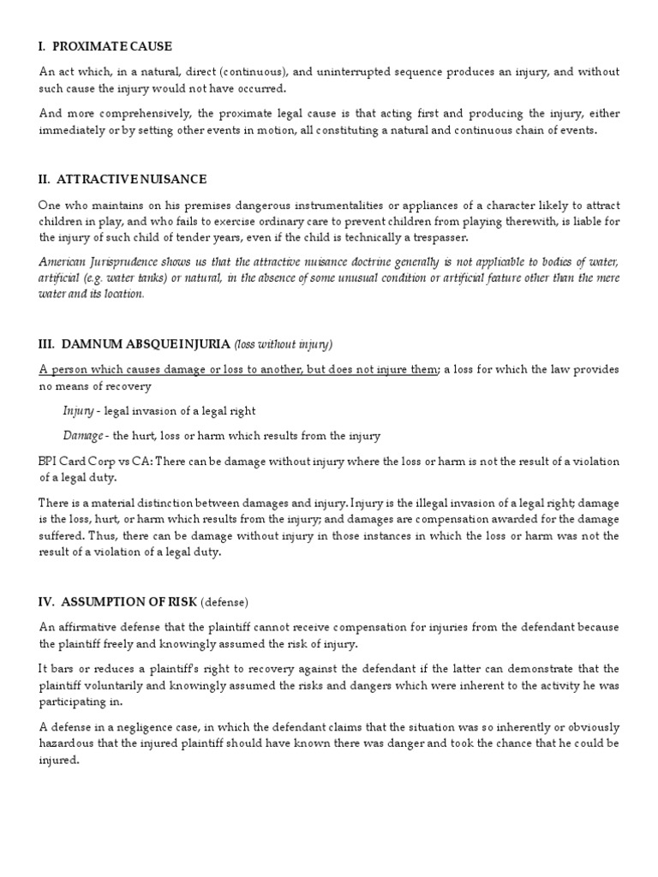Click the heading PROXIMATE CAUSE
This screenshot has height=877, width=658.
point(114,46)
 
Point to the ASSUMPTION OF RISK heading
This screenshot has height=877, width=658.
point(147,602)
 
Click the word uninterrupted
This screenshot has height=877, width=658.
point(359,72)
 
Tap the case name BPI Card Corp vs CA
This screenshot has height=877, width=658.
point(94,462)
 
